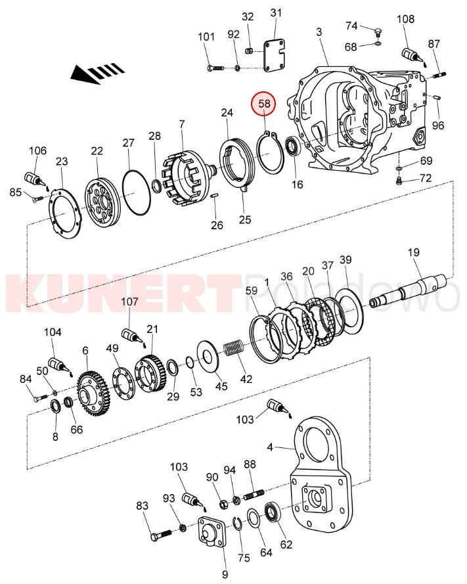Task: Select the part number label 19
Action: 413,252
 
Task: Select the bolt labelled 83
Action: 157,535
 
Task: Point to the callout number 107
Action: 129,302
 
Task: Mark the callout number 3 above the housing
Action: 319,32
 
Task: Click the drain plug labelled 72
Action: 399,179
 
